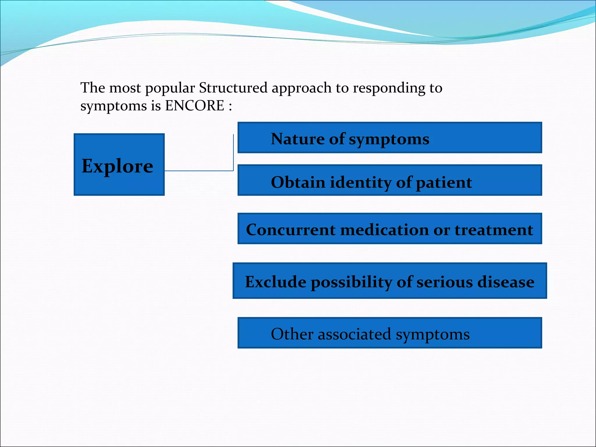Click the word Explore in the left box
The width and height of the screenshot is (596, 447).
117,166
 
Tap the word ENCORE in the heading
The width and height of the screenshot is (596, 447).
194,105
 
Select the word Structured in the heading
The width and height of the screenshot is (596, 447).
233,88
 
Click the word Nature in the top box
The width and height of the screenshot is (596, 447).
297,139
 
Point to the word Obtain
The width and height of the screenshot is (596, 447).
298,182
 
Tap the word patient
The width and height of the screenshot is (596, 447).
444,183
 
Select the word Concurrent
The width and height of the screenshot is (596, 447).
290,230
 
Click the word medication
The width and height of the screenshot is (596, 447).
384,230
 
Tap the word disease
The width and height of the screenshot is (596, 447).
506,282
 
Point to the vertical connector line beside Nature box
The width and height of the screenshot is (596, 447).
233,151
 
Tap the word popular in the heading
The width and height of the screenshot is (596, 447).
170,88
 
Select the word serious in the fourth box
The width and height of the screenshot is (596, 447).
444,282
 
